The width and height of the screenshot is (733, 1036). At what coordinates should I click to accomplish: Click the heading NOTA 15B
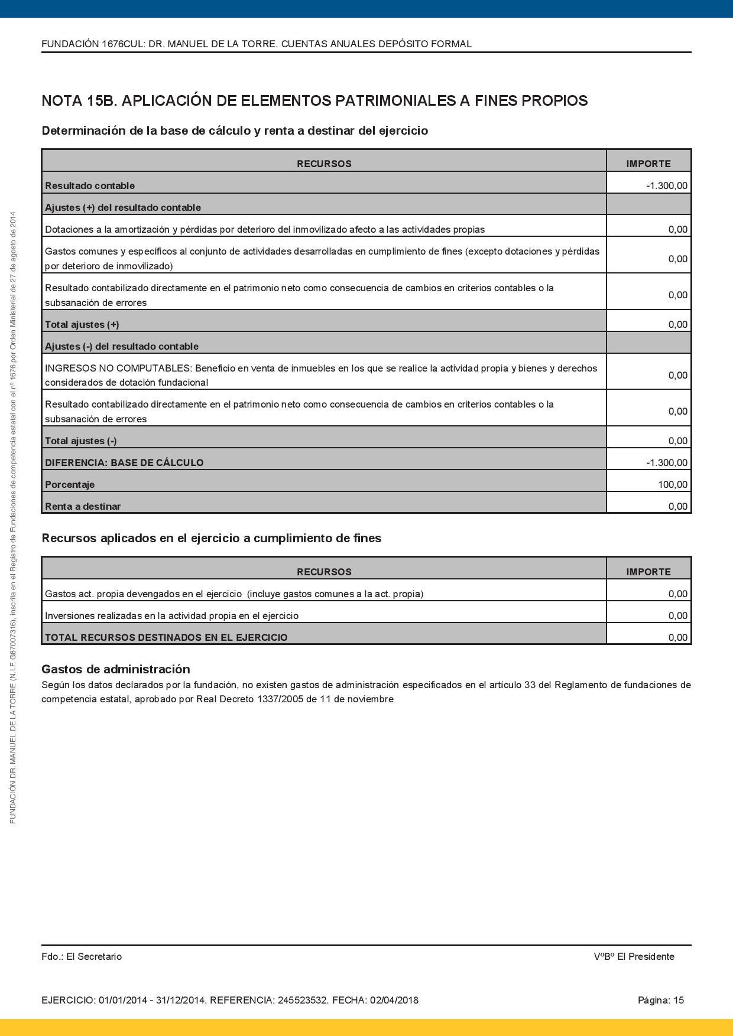click(79, 101)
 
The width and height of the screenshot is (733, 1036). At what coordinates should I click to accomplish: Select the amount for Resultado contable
click(667, 185)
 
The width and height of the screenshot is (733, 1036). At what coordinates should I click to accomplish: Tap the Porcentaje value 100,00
click(673, 484)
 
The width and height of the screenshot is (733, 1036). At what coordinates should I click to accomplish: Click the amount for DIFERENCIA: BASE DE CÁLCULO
click(667, 462)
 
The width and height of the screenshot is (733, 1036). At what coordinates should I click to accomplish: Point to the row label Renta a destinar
click(83, 506)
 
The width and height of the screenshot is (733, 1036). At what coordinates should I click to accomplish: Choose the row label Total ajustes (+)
click(82, 324)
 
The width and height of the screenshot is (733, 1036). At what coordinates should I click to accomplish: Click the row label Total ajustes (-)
click(80, 441)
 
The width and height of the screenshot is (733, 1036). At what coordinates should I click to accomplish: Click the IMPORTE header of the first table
click(648, 164)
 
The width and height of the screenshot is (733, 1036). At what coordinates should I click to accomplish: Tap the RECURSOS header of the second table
click(324, 572)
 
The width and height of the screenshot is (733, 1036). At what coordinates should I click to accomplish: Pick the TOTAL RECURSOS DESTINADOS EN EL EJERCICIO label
click(166, 637)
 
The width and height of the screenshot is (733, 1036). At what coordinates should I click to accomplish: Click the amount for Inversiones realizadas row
click(678, 615)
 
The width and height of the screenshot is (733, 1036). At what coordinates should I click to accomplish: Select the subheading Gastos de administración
click(116, 669)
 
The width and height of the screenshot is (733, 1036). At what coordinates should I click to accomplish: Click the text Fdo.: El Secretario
click(82, 956)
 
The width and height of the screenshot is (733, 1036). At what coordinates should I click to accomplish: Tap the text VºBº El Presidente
click(634, 956)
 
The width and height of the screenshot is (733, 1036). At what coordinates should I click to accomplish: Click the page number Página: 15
click(660, 1000)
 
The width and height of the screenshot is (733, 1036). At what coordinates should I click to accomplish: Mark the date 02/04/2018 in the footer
click(394, 1000)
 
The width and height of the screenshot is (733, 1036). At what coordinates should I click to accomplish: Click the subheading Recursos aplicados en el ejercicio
click(211, 538)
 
